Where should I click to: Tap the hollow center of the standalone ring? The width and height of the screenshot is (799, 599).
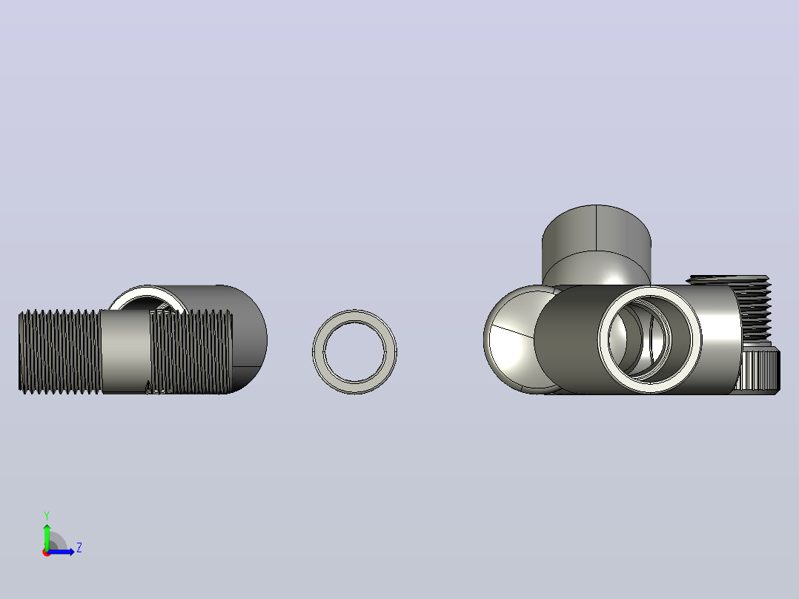(354, 351)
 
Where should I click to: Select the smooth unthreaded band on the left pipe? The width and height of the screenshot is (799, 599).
(125, 351)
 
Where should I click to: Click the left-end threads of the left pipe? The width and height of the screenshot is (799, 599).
(59, 351)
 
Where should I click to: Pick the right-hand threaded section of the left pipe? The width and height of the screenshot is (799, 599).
(191, 351)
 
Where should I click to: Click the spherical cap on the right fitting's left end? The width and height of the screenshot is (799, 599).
(510, 339)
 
